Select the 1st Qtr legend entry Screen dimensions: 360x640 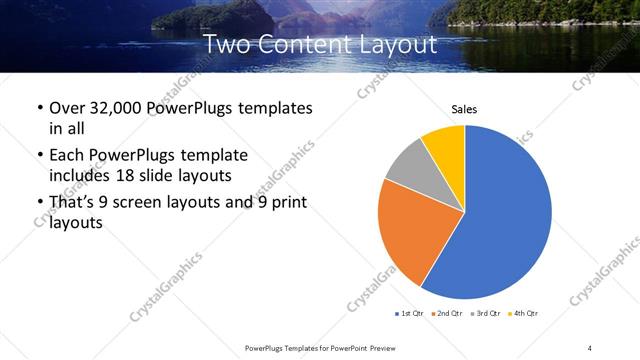click(x=411, y=314)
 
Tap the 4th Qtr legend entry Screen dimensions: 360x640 click(x=524, y=314)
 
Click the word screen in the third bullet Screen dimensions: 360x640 click(x=151, y=203)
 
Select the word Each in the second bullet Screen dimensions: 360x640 click(x=68, y=156)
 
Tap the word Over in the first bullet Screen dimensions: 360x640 click(x=68, y=107)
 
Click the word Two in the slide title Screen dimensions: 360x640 click(x=227, y=45)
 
